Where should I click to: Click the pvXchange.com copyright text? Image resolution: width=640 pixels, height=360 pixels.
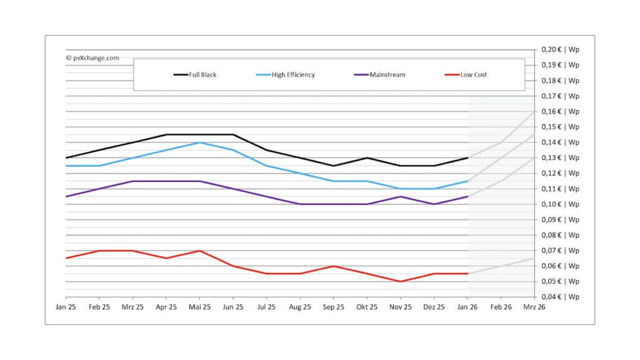[92, 57]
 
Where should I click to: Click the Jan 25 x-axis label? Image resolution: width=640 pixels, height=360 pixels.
[66, 307]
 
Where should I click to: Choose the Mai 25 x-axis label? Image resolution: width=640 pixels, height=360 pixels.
[199, 307]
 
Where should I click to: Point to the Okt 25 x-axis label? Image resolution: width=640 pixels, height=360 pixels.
[367, 307]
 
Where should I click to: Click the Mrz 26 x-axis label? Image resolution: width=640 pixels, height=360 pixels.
[534, 307]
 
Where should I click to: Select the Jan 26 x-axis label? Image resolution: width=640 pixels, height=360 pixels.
[467, 307]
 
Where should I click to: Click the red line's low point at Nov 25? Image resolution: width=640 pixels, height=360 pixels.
[401, 281]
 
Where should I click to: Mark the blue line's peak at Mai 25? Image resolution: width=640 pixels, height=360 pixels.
[199, 142]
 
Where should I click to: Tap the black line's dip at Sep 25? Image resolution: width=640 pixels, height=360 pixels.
[334, 166]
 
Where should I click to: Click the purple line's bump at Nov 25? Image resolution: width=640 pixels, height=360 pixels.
[401, 196]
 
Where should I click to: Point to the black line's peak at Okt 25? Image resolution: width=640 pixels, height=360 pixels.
[367, 157]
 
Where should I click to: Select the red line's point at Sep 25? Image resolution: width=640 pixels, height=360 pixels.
[334, 266]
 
